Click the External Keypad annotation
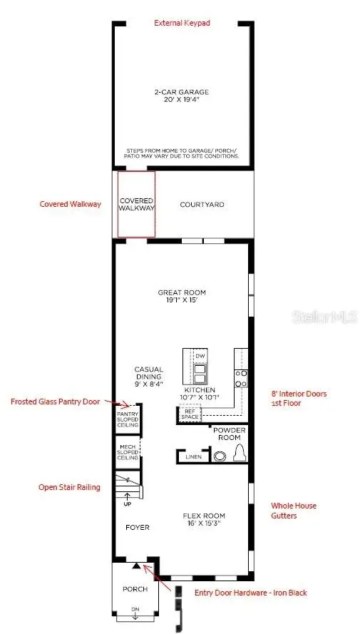(181, 23)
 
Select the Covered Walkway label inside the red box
(135, 204)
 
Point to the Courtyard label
(202, 205)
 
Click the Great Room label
(182, 296)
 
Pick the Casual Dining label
(148, 377)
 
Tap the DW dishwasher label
(200, 355)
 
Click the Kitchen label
(205, 394)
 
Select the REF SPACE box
(189, 414)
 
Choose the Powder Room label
(230, 434)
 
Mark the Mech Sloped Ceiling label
(128, 452)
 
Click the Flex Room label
(205, 519)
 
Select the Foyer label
(138, 528)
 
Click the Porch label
(135, 589)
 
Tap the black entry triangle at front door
(136, 565)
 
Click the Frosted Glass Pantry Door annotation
(55, 402)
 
